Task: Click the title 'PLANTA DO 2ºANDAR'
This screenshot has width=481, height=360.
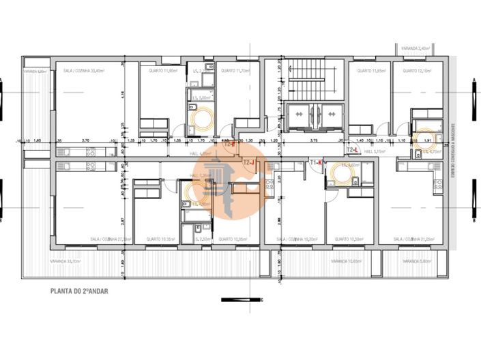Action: tap(79, 290)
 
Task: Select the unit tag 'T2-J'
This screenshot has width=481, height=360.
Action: tap(250, 162)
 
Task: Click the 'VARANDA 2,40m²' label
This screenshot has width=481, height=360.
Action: tap(416, 48)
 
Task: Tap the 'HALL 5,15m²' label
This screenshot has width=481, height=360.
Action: tap(376, 151)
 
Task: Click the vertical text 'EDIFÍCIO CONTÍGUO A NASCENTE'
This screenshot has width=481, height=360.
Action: tap(452, 151)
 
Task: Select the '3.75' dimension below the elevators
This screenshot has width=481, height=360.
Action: tap(314, 140)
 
